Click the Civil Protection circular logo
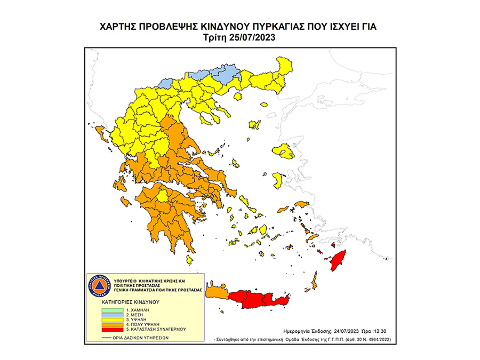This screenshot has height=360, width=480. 97,286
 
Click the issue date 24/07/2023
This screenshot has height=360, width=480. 343,330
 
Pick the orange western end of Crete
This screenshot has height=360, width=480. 218,292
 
